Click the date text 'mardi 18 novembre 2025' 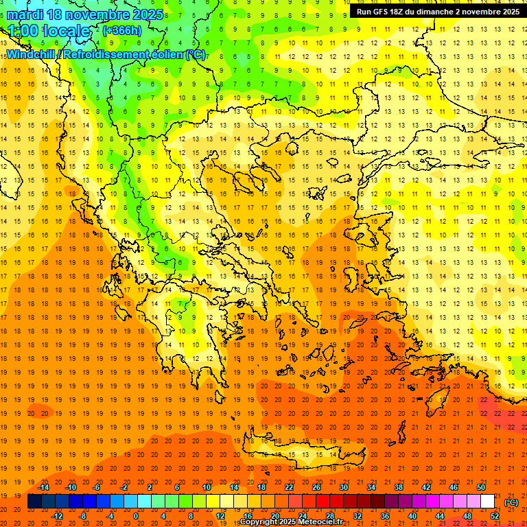click(x=85, y=14)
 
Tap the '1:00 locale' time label click(x=49, y=31)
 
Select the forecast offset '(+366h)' click(x=123, y=31)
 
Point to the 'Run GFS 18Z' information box click(x=438, y=12)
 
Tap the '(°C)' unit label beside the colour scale click(x=511, y=502)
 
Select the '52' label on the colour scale click(x=495, y=516)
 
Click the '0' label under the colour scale click(x=136, y=516)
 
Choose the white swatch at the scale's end click(x=487, y=502)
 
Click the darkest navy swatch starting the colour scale click(x=34, y=502)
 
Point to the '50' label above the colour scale click(x=481, y=487)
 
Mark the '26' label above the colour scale click(x=316, y=487)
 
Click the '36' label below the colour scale click(x=385, y=516)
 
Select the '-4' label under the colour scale click(x=110, y=516)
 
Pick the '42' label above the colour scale click(x=426, y=487)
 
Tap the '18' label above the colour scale click(x=261, y=487)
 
